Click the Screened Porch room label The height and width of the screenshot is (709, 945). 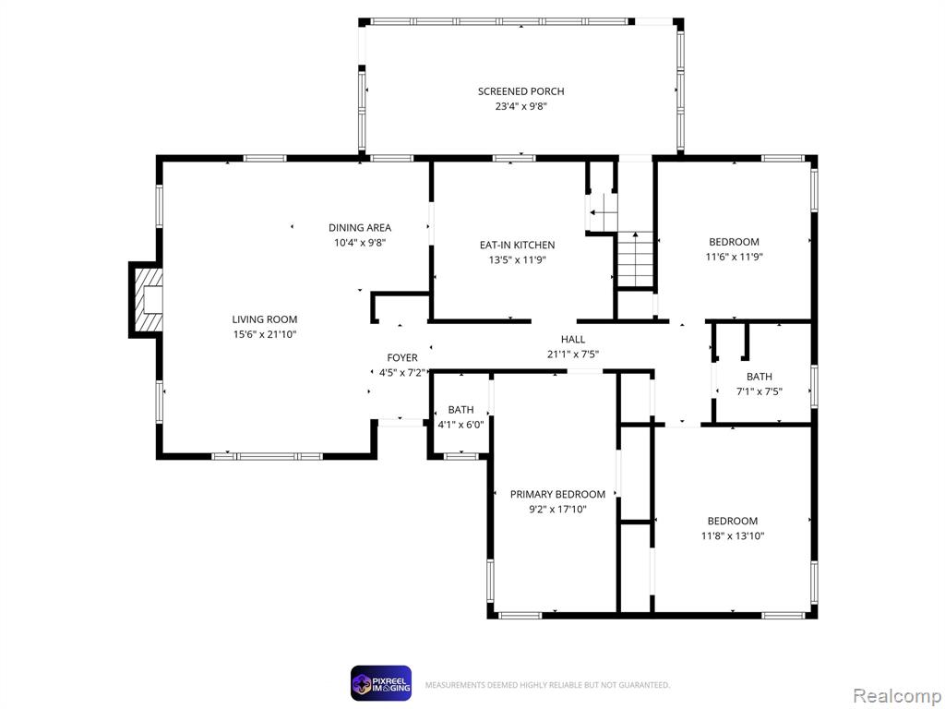coord(520,91)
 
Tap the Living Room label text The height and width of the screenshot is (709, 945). coord(265,319)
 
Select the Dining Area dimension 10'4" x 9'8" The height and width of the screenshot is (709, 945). coord(360,243)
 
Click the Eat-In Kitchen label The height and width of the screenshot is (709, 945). coord(517,246)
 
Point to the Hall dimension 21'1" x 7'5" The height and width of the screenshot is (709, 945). coord(573,354)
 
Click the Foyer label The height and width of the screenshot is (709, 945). coord(402,358)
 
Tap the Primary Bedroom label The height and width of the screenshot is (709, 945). coord(557,495)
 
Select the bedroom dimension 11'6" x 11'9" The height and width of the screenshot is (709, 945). coord(734,257)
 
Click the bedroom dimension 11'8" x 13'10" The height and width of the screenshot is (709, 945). coord(733,536)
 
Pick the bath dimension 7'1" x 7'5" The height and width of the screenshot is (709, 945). coord(760,391)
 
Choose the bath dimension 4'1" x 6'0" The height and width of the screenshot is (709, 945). coord(461,425)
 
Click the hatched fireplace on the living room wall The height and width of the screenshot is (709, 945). coord(148,300)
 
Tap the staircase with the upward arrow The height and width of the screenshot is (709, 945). coord(635,259)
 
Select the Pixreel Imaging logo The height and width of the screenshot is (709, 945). coord(381,684)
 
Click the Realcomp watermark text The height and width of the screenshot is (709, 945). coord(896,696)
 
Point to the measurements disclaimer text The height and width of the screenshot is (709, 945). coord(547,686)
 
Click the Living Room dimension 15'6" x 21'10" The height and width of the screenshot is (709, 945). coord(265,334)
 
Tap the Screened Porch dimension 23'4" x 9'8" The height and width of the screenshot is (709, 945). coord(520,107)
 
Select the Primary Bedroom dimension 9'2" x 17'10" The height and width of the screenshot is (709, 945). coord(557,510)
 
